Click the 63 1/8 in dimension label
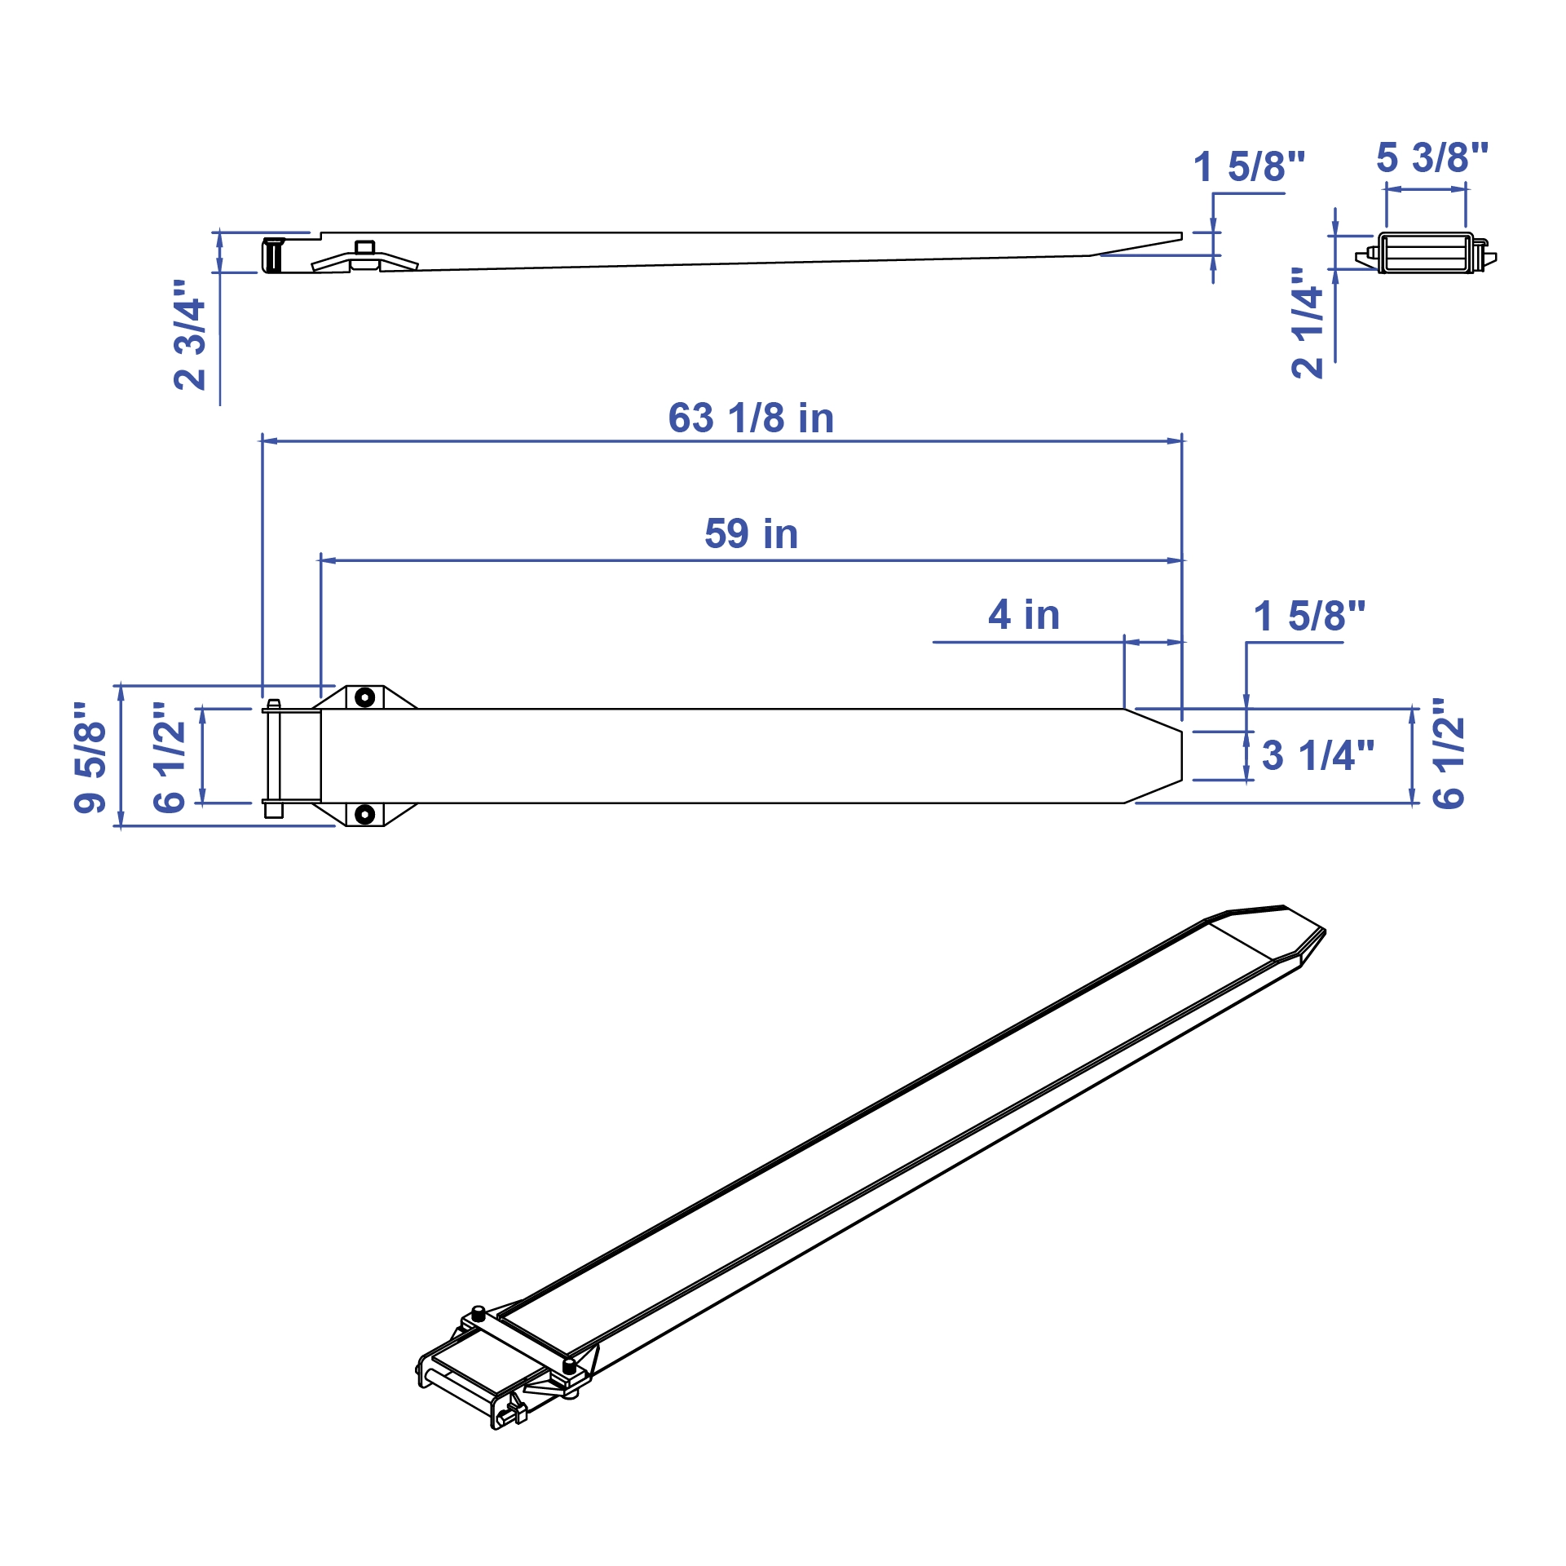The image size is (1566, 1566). (x=751, y=418)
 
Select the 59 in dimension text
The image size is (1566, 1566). (x=751, y=534)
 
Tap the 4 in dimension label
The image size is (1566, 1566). (x=1024, y=615)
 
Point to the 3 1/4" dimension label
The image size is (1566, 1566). (x=1317, y=756)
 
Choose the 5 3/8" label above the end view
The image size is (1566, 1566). (x=1432, y=158)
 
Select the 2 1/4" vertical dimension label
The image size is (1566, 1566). (x=1308, y=323)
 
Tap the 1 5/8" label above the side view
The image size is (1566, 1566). (x=1249, y=167)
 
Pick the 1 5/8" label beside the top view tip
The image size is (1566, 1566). (x=1309, y=617)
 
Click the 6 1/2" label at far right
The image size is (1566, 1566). (x=1449, y=754)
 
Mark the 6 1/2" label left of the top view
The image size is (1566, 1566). (x=170, y=757)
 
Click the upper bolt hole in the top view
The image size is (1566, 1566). (x=365, y=697)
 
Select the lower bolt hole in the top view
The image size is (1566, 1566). (x=365, y=814)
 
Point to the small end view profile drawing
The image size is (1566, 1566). (x=1427, y=254)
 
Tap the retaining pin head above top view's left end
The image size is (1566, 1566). (x=274, y=704)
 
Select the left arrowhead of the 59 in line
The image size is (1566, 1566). (x=328, y=561)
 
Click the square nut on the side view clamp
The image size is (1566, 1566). (x=365, y=247)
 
